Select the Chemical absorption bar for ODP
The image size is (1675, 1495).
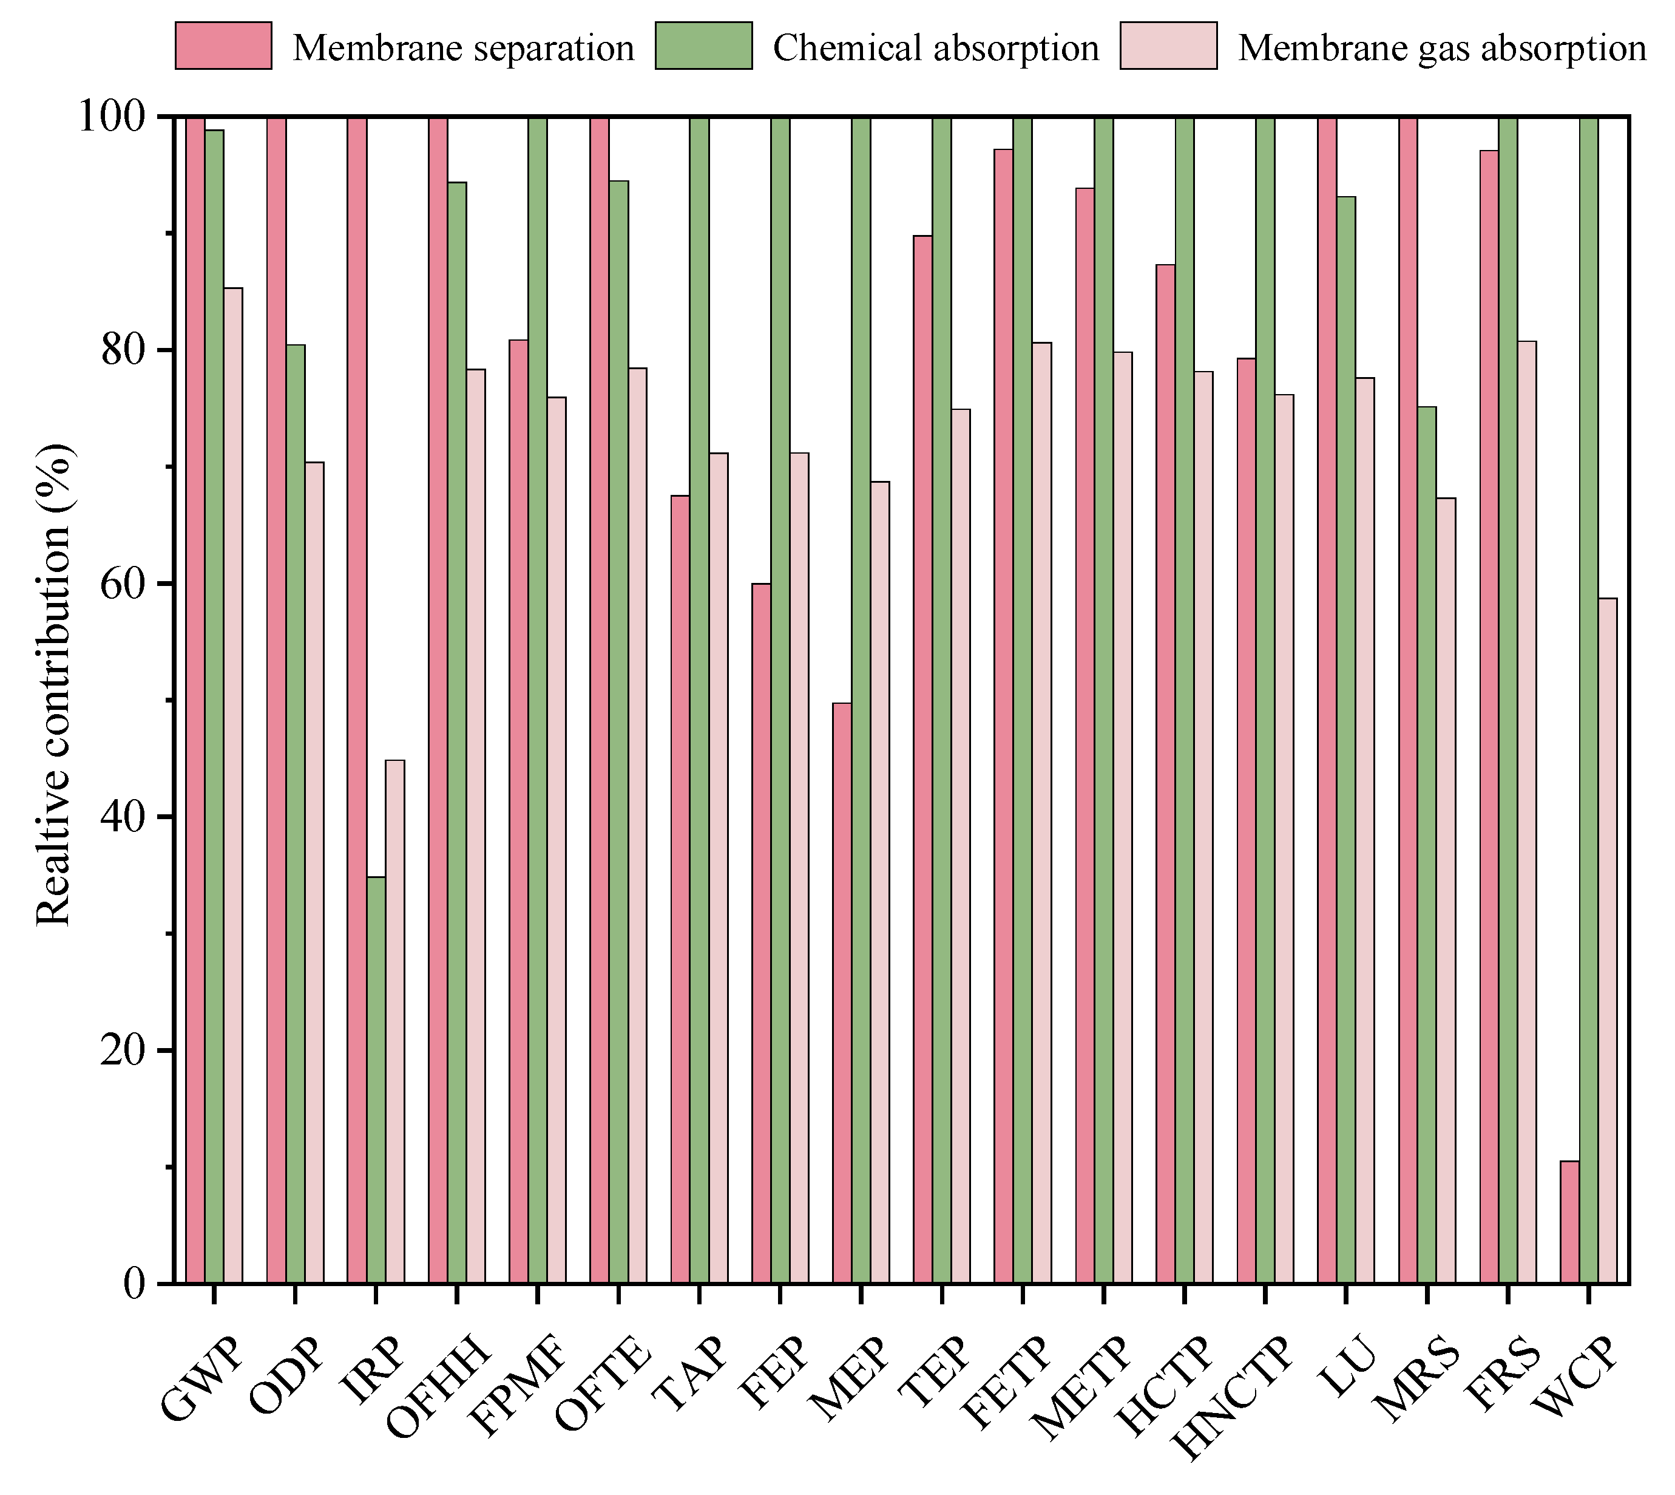[295, 813]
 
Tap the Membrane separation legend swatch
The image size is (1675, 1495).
[223, 46]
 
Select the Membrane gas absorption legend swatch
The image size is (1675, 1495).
[1168, 46]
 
